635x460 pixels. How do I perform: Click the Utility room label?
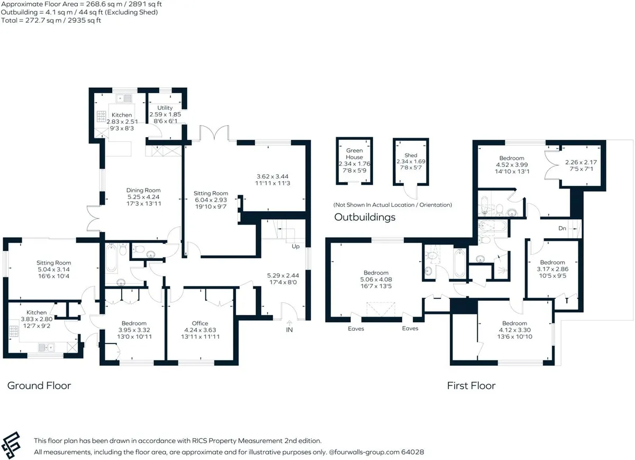pos(165,108)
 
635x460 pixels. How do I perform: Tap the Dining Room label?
pos(143,190)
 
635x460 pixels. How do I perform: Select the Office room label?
pos(200,323)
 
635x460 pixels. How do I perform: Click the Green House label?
pos(355,154)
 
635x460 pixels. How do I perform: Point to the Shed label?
pos(411,156)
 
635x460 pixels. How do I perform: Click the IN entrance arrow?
pos(289,323)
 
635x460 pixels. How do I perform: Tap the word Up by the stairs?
pos(296,246)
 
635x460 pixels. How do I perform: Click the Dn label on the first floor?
pos(562,228)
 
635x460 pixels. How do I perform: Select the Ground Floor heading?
pos(39,386)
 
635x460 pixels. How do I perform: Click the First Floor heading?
pos(471,386)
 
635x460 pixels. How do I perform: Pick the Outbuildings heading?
pos(365,217)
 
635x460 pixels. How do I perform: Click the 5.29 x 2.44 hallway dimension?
pos(283,275)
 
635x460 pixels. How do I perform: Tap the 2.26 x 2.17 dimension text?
pos(581,162)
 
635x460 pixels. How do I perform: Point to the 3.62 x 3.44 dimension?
pos(273,176)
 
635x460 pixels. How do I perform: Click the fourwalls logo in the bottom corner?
pos(11,445)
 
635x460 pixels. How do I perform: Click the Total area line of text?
pos(51,21)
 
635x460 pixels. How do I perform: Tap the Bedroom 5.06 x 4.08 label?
pos(376,279)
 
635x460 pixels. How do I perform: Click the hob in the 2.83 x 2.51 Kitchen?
pos(102,116)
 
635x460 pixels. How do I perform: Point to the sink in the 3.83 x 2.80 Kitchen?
pos(46,347)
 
